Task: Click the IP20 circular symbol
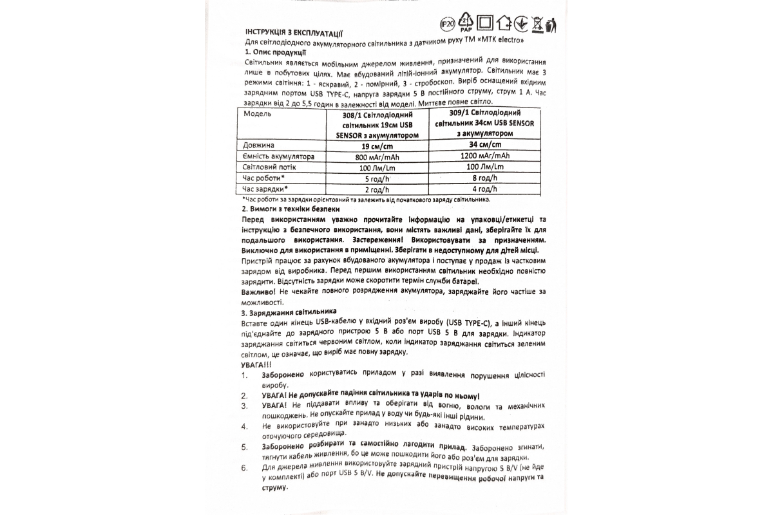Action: click(446, 24)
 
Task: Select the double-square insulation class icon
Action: click(487, 24)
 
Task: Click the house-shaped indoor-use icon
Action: click(505, 24)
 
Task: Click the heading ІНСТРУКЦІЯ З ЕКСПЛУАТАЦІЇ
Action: click(294, 33)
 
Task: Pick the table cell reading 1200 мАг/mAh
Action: click(484, 156)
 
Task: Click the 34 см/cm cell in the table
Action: click(484, 145)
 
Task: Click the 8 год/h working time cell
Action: click(484, 177)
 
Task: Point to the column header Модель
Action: click(257, 114)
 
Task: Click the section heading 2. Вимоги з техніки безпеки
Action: click(291, 210)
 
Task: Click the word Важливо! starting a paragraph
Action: click(256, 292)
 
